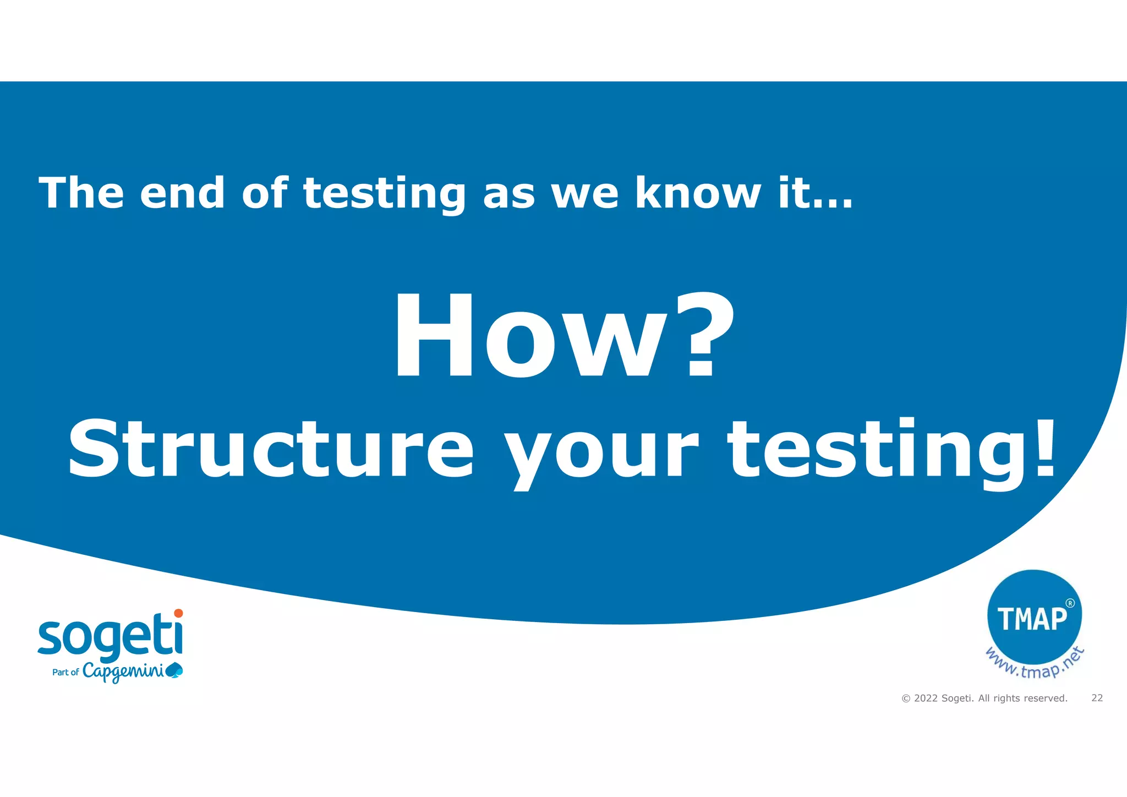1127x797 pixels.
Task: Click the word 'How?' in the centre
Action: pos(563,337)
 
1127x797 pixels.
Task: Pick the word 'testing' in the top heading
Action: pos(385,194)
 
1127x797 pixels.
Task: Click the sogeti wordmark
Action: pos(110,637)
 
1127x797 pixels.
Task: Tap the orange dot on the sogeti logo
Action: pos(178,613)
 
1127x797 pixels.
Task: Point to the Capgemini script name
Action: pos(123,672)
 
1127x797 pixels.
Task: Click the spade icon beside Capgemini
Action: pos(174,670)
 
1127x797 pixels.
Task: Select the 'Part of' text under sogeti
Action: pos(65,672)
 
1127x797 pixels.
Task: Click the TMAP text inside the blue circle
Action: pos(1032,619)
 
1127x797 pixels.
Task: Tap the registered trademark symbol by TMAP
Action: pos(1070,603)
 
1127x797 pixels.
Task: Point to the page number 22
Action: pos(1097,698)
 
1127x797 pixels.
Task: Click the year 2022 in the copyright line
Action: pos(926,698)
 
